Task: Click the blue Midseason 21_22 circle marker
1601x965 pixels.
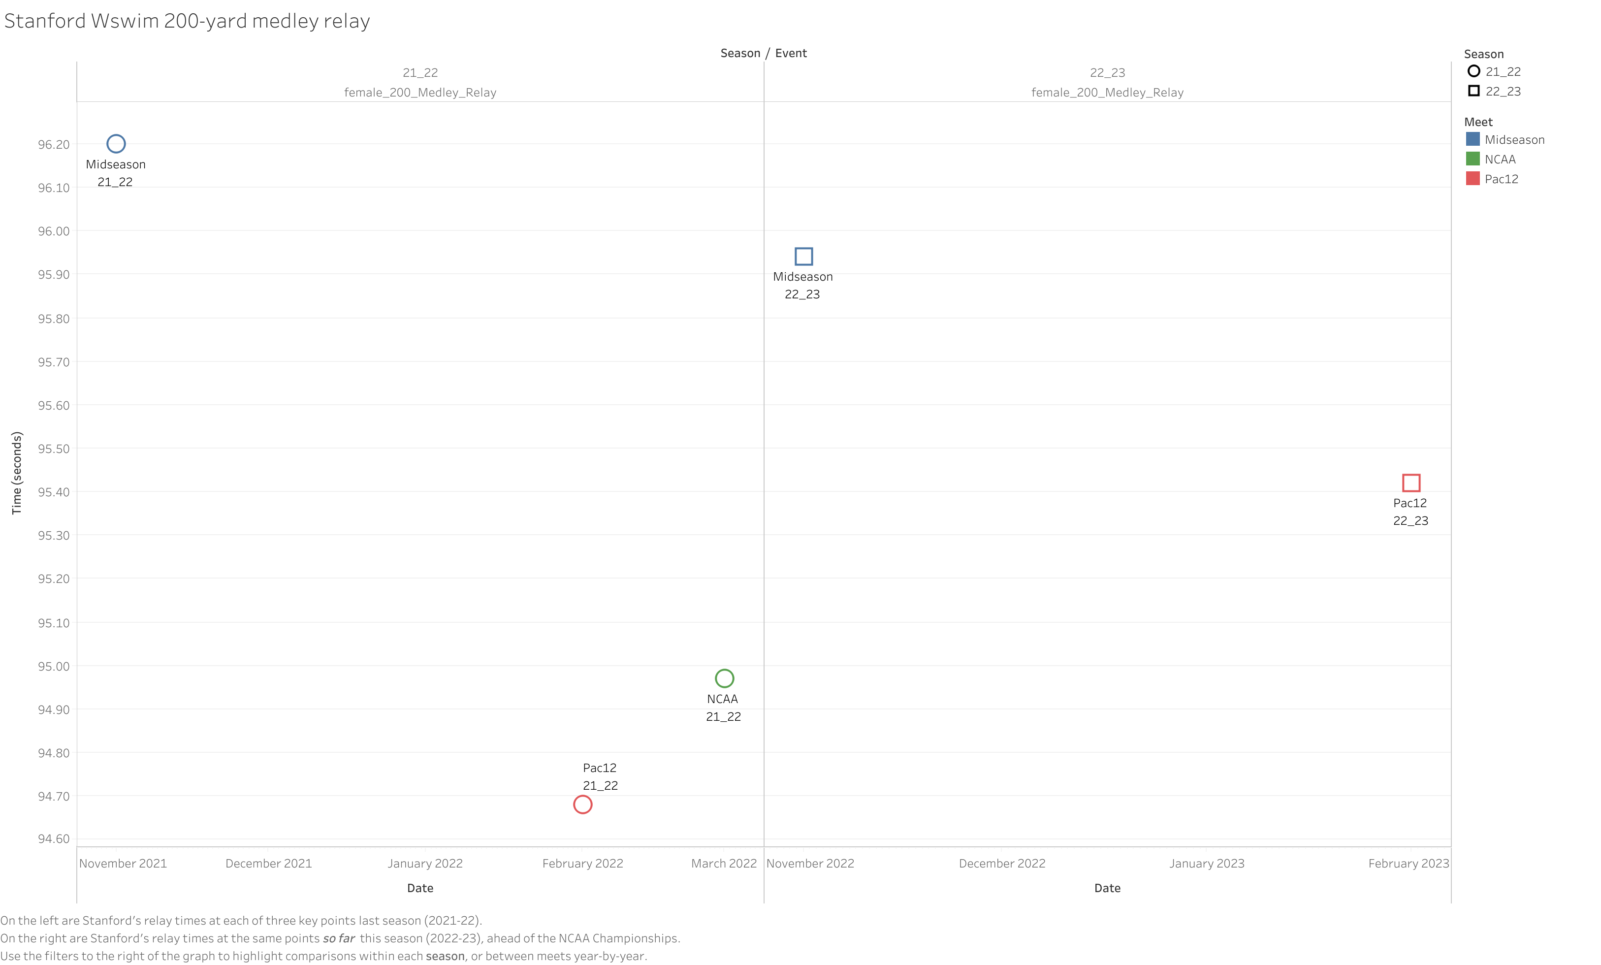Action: coord(116,144)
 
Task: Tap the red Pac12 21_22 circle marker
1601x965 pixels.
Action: coord(582,804)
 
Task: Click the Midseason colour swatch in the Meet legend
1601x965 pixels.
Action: coord(1473,139)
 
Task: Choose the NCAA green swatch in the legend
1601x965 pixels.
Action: coord(1473,159)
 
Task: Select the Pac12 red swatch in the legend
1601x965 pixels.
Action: coord(1473,178)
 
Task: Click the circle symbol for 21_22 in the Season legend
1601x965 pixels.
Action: coord(1473,71)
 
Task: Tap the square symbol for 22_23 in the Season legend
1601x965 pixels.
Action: coord(1473,91)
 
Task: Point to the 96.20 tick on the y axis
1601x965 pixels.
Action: coord(53,144)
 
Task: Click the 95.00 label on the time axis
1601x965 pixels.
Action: coord(53,666)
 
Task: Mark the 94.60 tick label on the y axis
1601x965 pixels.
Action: coord(53,838)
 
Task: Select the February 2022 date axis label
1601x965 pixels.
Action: coord(582,863)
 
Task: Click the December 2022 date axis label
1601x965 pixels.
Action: coord(1001,863)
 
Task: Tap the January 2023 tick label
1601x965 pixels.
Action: coord(1207,863)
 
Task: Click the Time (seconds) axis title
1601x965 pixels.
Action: coord(17,473)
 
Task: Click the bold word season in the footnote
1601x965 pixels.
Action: coord(445,956)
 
